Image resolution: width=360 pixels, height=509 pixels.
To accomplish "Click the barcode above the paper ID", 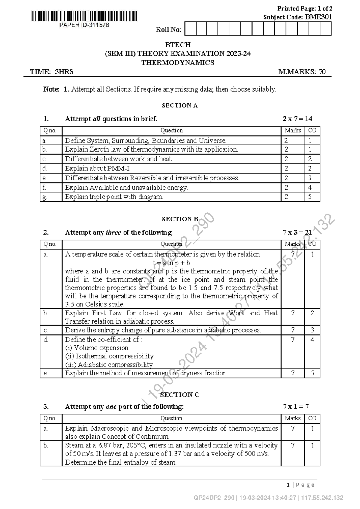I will click(84, 16).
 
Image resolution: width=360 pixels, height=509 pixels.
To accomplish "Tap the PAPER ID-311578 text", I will click(84, 25).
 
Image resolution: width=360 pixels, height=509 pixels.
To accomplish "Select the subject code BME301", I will click(318, 17).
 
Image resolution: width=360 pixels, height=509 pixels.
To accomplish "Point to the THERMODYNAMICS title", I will click(178, 63).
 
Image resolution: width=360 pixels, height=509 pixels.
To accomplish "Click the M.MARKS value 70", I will click(322, 72).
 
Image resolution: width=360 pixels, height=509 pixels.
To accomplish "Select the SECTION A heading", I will click(180, 106).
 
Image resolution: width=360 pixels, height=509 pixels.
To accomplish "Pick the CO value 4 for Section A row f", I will click(310, 188).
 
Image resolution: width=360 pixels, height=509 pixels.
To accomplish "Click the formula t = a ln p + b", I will click(171, 263).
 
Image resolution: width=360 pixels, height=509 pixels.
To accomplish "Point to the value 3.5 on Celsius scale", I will click(70, 304).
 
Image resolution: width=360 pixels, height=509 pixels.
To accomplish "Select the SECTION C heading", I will click(180, 395).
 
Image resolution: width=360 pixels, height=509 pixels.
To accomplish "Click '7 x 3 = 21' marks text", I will click(297, 233).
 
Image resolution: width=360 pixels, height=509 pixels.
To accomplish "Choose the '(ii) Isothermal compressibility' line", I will click(109, 356).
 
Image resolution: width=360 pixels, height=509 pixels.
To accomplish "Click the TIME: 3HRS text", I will click(52, 72).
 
